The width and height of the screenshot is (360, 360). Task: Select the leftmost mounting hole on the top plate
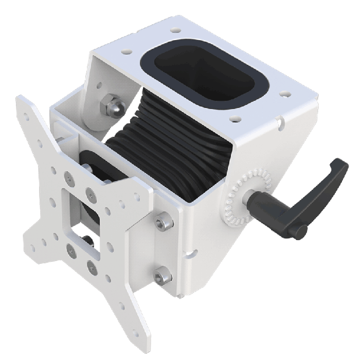coord(125,52)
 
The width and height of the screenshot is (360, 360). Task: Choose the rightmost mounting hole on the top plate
coord(282,95)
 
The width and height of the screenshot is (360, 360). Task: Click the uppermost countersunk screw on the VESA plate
coord(67,178)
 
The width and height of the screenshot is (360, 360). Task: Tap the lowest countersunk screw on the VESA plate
coord(92,266)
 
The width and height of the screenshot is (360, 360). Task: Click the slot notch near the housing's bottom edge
coord(192,253)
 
